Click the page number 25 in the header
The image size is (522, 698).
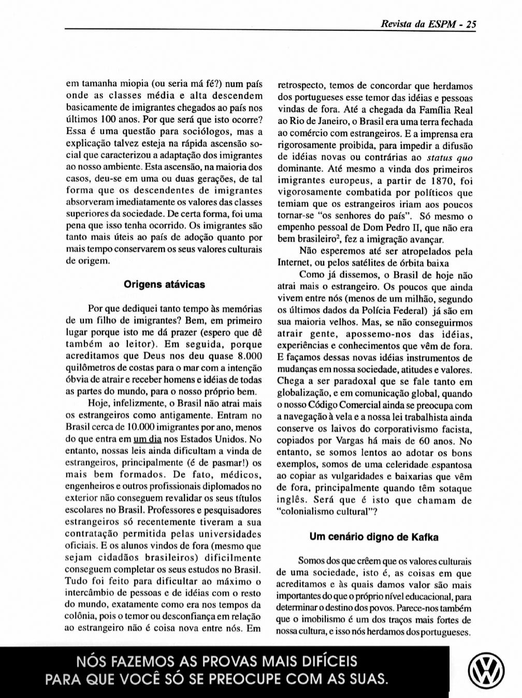click(470, 24)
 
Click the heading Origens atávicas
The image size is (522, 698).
click(164, 285)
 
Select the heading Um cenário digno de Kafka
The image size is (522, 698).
click(374, 537)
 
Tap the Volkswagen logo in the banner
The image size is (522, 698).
click(486, 673)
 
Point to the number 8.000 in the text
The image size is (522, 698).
click(249, 356)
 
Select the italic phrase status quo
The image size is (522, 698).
click(450, 158)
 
